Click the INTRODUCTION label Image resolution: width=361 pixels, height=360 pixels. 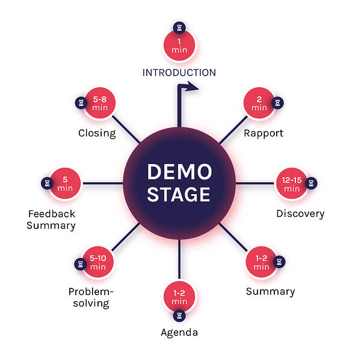point(179,73)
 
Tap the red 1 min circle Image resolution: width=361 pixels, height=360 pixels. point(179,44)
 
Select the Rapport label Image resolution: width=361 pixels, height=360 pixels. point(263,133)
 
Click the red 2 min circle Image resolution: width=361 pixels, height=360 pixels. point(259,104)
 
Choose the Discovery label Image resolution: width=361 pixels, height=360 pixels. point(300,213)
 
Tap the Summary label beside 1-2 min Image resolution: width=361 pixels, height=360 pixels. point(270,291)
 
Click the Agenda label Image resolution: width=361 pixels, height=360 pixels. point(179,332)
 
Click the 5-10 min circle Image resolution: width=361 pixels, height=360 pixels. point(98,263)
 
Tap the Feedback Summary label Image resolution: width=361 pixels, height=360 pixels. point(52,219)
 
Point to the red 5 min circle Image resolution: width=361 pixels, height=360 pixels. point(65,183)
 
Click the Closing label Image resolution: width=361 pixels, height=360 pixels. point(97,133)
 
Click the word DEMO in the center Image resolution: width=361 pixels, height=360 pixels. point(179,172)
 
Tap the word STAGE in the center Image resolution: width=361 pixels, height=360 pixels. point(179,195)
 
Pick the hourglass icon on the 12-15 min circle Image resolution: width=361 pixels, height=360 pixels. point(311,183)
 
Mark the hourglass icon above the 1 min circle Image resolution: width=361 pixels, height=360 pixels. point(179,27)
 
